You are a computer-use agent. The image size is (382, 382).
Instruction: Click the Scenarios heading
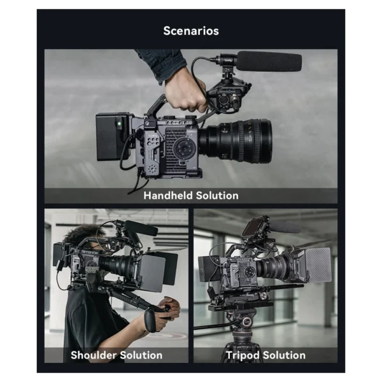click(x=191, y=31)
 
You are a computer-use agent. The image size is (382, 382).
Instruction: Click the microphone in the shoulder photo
click(x=140, y=227)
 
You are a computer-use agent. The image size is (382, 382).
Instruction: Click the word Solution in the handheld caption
click(x=215, y=195)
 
